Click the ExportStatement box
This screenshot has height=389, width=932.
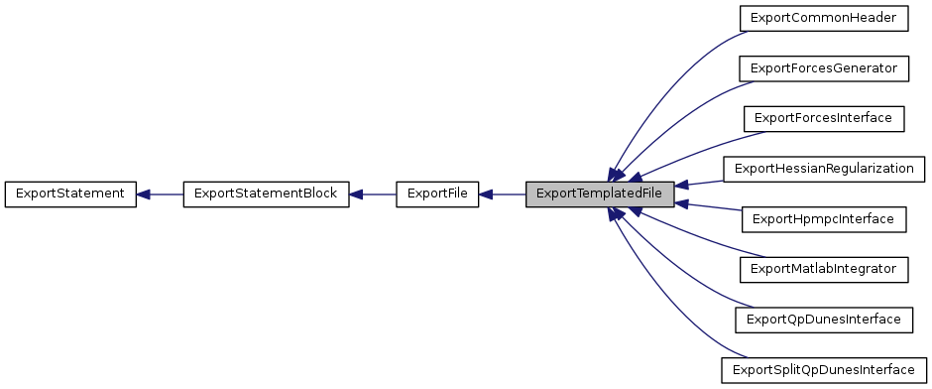point(69,194)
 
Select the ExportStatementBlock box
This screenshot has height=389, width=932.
point(267,194)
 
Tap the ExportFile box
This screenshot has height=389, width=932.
point(437,194)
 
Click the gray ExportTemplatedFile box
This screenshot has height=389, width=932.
point(600,194)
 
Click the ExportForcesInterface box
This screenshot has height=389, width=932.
point(824,118)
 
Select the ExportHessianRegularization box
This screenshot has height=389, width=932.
point(824,169)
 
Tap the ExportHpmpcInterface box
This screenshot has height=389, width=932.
point(824,218)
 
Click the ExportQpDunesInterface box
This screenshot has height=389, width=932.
point(824,320)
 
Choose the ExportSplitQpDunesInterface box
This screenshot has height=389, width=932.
point(824,370)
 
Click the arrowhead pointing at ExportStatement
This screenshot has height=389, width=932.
point(143,194)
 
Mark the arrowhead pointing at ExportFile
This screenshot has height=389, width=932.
point(487,194)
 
